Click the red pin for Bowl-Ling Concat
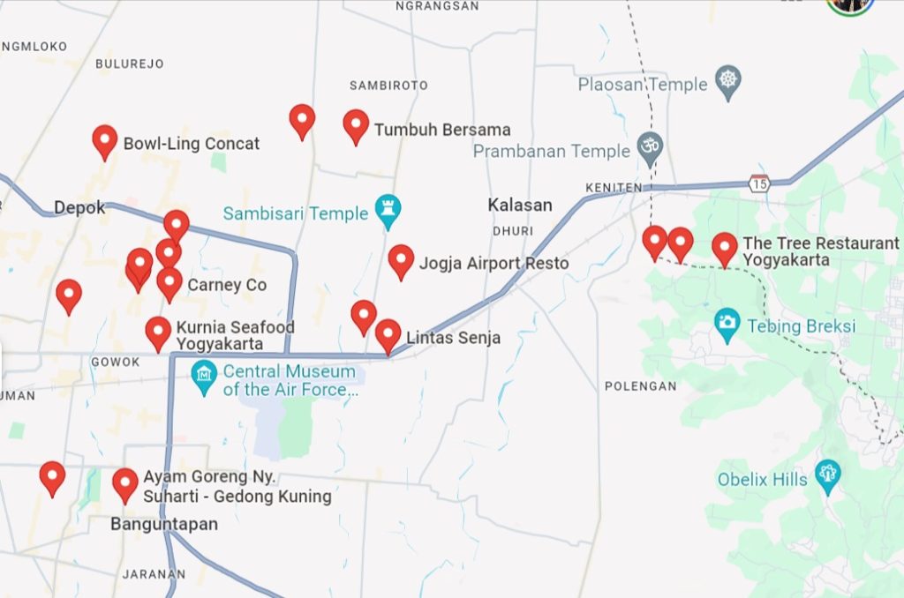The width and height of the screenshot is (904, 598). [105, 140]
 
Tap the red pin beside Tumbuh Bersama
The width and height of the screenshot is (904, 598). [356, 125]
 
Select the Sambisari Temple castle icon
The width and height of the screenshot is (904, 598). [387, 210]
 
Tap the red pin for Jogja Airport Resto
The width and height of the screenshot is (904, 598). [401, 260]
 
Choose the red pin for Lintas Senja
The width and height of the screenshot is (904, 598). [388, 334]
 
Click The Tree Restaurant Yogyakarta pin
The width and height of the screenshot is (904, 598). [725, 248]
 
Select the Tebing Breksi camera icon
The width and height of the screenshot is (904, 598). [727, 324]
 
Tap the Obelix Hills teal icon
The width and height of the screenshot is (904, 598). [827, 474]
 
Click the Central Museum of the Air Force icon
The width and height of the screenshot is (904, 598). [204, 377]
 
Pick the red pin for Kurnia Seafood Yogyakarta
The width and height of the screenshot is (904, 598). [158, 333]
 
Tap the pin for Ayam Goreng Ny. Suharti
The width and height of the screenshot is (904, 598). [125, 483]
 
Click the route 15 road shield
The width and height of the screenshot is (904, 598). [758, 183]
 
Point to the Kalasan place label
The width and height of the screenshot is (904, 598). [520, 205]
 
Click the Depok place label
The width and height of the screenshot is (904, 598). [79, 208]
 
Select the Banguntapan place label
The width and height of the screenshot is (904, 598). [163, 524]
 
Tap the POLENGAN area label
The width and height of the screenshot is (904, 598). [641, 386]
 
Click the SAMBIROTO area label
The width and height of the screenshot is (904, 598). [388, 86]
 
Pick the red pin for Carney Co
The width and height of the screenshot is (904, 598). [169, 283]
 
